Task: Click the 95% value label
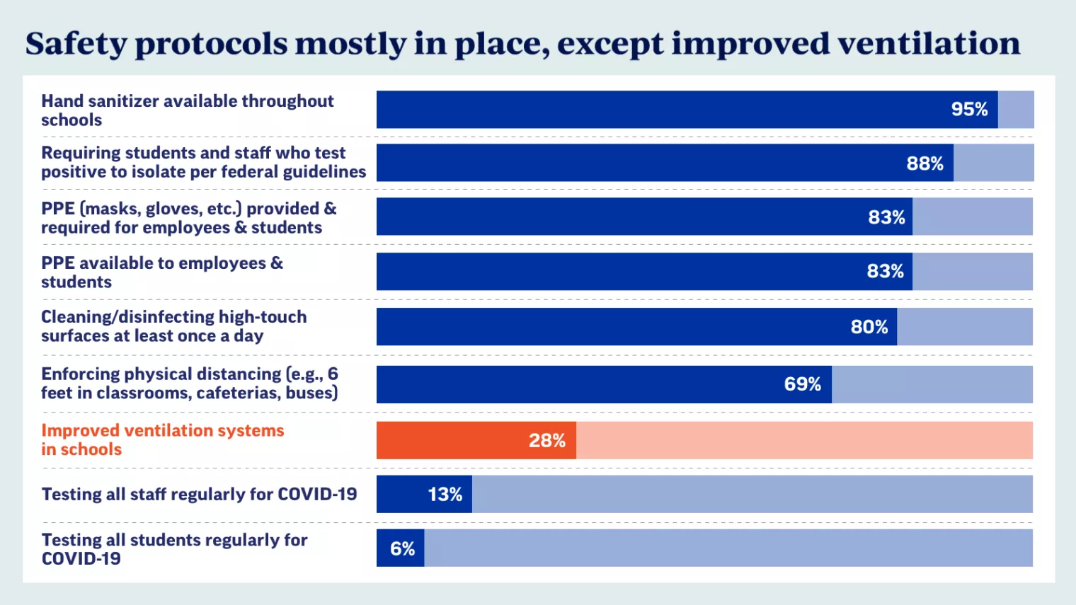coord(969,110)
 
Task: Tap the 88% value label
coord(925,163)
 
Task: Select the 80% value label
coord(869,327)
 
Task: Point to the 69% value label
coord(802,384)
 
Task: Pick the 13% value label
coord(445,495)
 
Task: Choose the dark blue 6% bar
coord(401,548)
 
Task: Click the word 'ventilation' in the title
coord(929,44)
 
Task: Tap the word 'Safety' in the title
coord(76,44)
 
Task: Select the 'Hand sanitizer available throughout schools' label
coord(187,110)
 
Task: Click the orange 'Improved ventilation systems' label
coord(162,440)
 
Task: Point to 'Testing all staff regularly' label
coord(199,494)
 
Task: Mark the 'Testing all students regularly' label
coord(174,549)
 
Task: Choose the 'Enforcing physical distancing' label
coord(190,384)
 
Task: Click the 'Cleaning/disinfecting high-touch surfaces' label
coord(173,326)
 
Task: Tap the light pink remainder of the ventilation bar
coord(803,441)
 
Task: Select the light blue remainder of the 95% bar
coord(1016,110)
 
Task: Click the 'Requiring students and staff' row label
coord(203,162)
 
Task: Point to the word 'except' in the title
coord(609,44)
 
